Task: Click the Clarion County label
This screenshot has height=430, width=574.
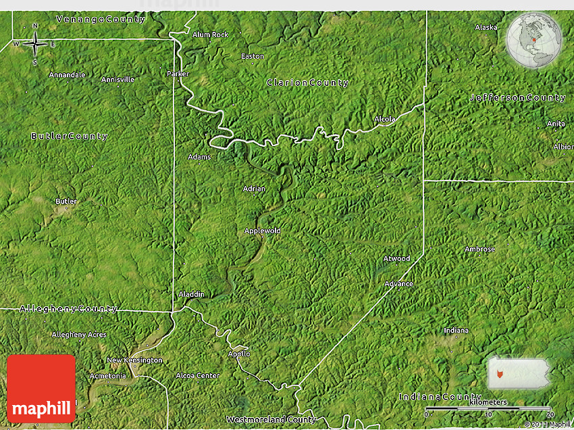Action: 308,82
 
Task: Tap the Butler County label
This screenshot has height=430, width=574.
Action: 70,136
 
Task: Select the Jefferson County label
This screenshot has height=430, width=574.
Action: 518,98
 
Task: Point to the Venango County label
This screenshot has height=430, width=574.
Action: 101,20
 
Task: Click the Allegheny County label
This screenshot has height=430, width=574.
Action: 69,309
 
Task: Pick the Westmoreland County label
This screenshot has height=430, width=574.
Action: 271,420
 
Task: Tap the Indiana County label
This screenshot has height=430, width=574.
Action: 440,396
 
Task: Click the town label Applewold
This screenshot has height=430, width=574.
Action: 263,231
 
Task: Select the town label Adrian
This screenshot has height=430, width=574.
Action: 255,189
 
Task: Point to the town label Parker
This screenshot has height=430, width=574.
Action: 178,74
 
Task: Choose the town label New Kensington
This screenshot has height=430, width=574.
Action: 135,360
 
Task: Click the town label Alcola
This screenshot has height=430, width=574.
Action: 385,119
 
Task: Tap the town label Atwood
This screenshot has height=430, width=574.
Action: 397,258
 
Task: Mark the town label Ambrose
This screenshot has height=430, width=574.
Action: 480,249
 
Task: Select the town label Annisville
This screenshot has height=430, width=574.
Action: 118,79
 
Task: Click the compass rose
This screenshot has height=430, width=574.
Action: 35,45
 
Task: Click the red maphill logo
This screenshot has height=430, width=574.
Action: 41,389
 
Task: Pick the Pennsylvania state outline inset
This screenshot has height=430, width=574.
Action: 519,373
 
